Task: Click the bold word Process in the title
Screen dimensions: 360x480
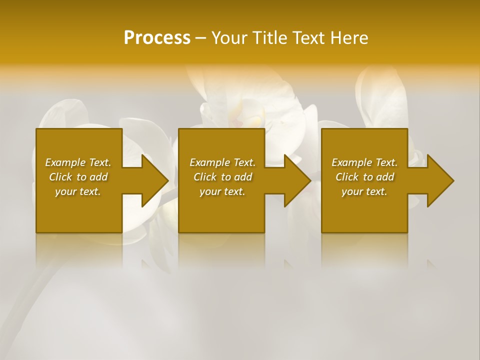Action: tap(157, 38)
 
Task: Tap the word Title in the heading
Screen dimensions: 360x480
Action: tap(269, 38)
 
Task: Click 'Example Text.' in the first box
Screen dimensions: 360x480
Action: tap(78, 162)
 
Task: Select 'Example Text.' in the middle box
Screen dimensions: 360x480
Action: tap(222, 162)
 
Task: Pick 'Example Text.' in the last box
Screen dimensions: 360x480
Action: tap(364, 162)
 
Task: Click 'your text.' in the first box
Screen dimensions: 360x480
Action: tap(78, 191)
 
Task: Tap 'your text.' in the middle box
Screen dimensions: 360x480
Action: tap(222, 191)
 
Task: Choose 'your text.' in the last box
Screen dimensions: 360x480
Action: tap(364, 191)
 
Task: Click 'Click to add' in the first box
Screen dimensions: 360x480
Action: tap(78, 177)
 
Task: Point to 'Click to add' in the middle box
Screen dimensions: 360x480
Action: tap(222, 177)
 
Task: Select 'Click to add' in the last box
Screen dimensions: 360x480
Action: tap(364, 177)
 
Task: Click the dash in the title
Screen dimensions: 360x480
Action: tap(200, 38)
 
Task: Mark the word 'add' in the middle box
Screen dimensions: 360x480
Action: tap(243, 177)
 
